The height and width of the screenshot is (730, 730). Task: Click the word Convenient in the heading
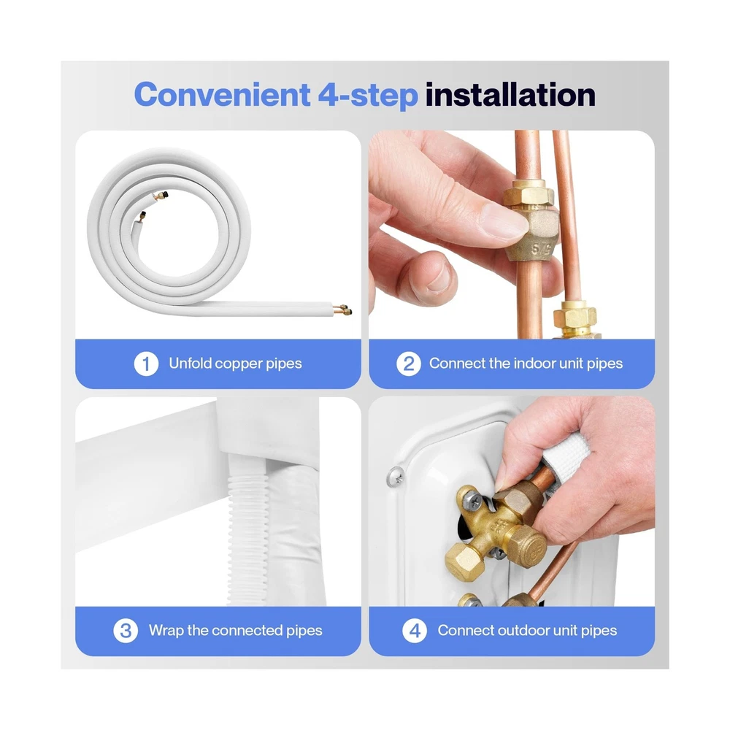[222, 94]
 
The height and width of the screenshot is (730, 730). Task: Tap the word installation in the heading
[510, 94]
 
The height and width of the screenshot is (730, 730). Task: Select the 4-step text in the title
[368, 96]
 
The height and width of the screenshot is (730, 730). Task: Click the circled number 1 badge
[146, 364]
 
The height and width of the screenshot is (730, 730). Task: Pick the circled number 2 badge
[409, 364]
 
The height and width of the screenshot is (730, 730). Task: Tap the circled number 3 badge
[126, 631]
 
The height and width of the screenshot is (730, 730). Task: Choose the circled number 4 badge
[415, 631]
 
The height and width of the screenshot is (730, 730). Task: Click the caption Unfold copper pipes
[235, 364]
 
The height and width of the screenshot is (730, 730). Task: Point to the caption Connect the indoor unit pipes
[526, 364]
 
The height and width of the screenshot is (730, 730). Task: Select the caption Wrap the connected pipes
[235, 631]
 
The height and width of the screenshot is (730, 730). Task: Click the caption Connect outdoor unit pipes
[527, 631]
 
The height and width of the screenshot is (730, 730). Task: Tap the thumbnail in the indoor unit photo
[503, 220]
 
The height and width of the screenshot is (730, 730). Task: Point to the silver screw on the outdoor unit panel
[395, 475]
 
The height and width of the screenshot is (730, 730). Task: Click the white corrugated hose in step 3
[247, 535]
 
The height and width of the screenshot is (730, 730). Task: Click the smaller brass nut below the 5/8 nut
[575, 317]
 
